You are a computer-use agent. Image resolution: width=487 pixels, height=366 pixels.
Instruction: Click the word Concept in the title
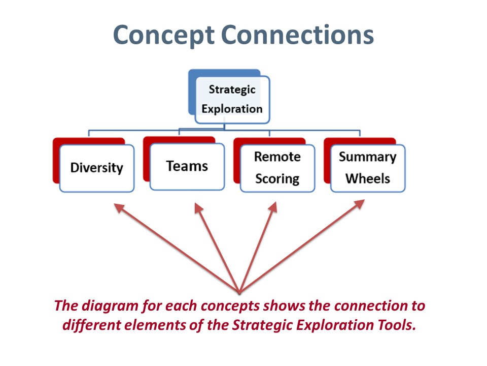click(164, 36)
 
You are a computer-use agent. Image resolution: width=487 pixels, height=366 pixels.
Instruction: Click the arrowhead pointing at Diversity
click(119, 207)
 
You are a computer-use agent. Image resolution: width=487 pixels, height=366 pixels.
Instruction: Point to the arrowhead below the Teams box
click(198, 208)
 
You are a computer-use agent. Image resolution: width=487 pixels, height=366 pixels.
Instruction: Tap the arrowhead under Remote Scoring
click(273, 207)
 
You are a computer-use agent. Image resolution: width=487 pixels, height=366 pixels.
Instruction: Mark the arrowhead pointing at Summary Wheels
click(360, 204)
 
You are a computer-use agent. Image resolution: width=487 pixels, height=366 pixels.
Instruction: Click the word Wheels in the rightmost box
click(368, 178)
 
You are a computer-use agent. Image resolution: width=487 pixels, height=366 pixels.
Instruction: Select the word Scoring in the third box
click(277, 179)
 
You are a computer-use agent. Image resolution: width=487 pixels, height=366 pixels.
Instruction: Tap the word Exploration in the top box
click(232, 109)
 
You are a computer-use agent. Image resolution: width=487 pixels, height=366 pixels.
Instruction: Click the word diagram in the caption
click(110, 306)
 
